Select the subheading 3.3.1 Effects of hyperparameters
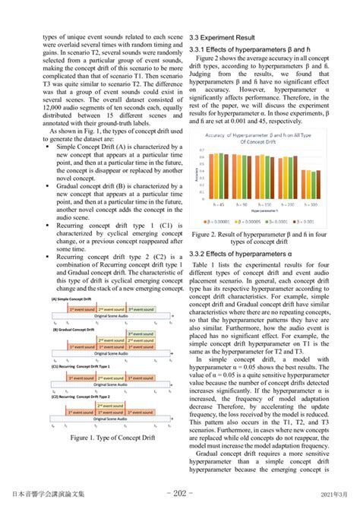coord(242,49)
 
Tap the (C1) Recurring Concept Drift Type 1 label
coord(84,365)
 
